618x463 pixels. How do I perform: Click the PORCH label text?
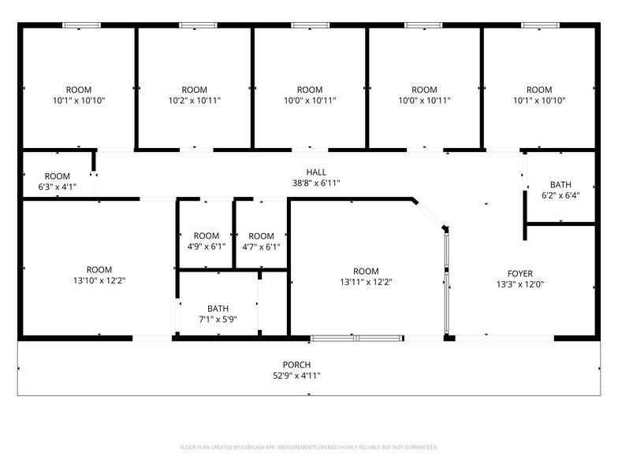[x=297, y=365]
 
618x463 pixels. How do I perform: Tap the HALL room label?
[x=316, y=172]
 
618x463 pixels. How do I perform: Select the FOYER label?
[x=520, y=273]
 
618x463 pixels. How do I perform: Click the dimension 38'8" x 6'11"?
[x=316, y=183]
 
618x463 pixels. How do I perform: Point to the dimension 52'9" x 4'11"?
[x=297, y=376]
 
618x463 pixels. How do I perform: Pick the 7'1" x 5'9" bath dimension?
[x=218, y=319]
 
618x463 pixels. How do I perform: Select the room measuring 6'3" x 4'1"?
[x=57, y=181]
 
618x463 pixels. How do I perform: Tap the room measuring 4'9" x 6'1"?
[x=207, y=241]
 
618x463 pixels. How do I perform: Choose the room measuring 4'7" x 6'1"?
[x=261, y=241]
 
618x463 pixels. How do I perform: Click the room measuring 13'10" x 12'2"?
[x=99, y=274]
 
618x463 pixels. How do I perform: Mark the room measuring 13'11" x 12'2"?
[x=366, y=276]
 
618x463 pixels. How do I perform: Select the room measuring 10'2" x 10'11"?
[x=195, y=94]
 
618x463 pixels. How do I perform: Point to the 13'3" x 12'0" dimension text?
[x=520, y=284]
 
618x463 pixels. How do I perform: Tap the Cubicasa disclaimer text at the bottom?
[x=308, y=447]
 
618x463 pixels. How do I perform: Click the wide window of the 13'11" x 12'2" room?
[x=357, y=339]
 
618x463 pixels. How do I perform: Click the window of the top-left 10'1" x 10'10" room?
[x=82, y=25]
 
